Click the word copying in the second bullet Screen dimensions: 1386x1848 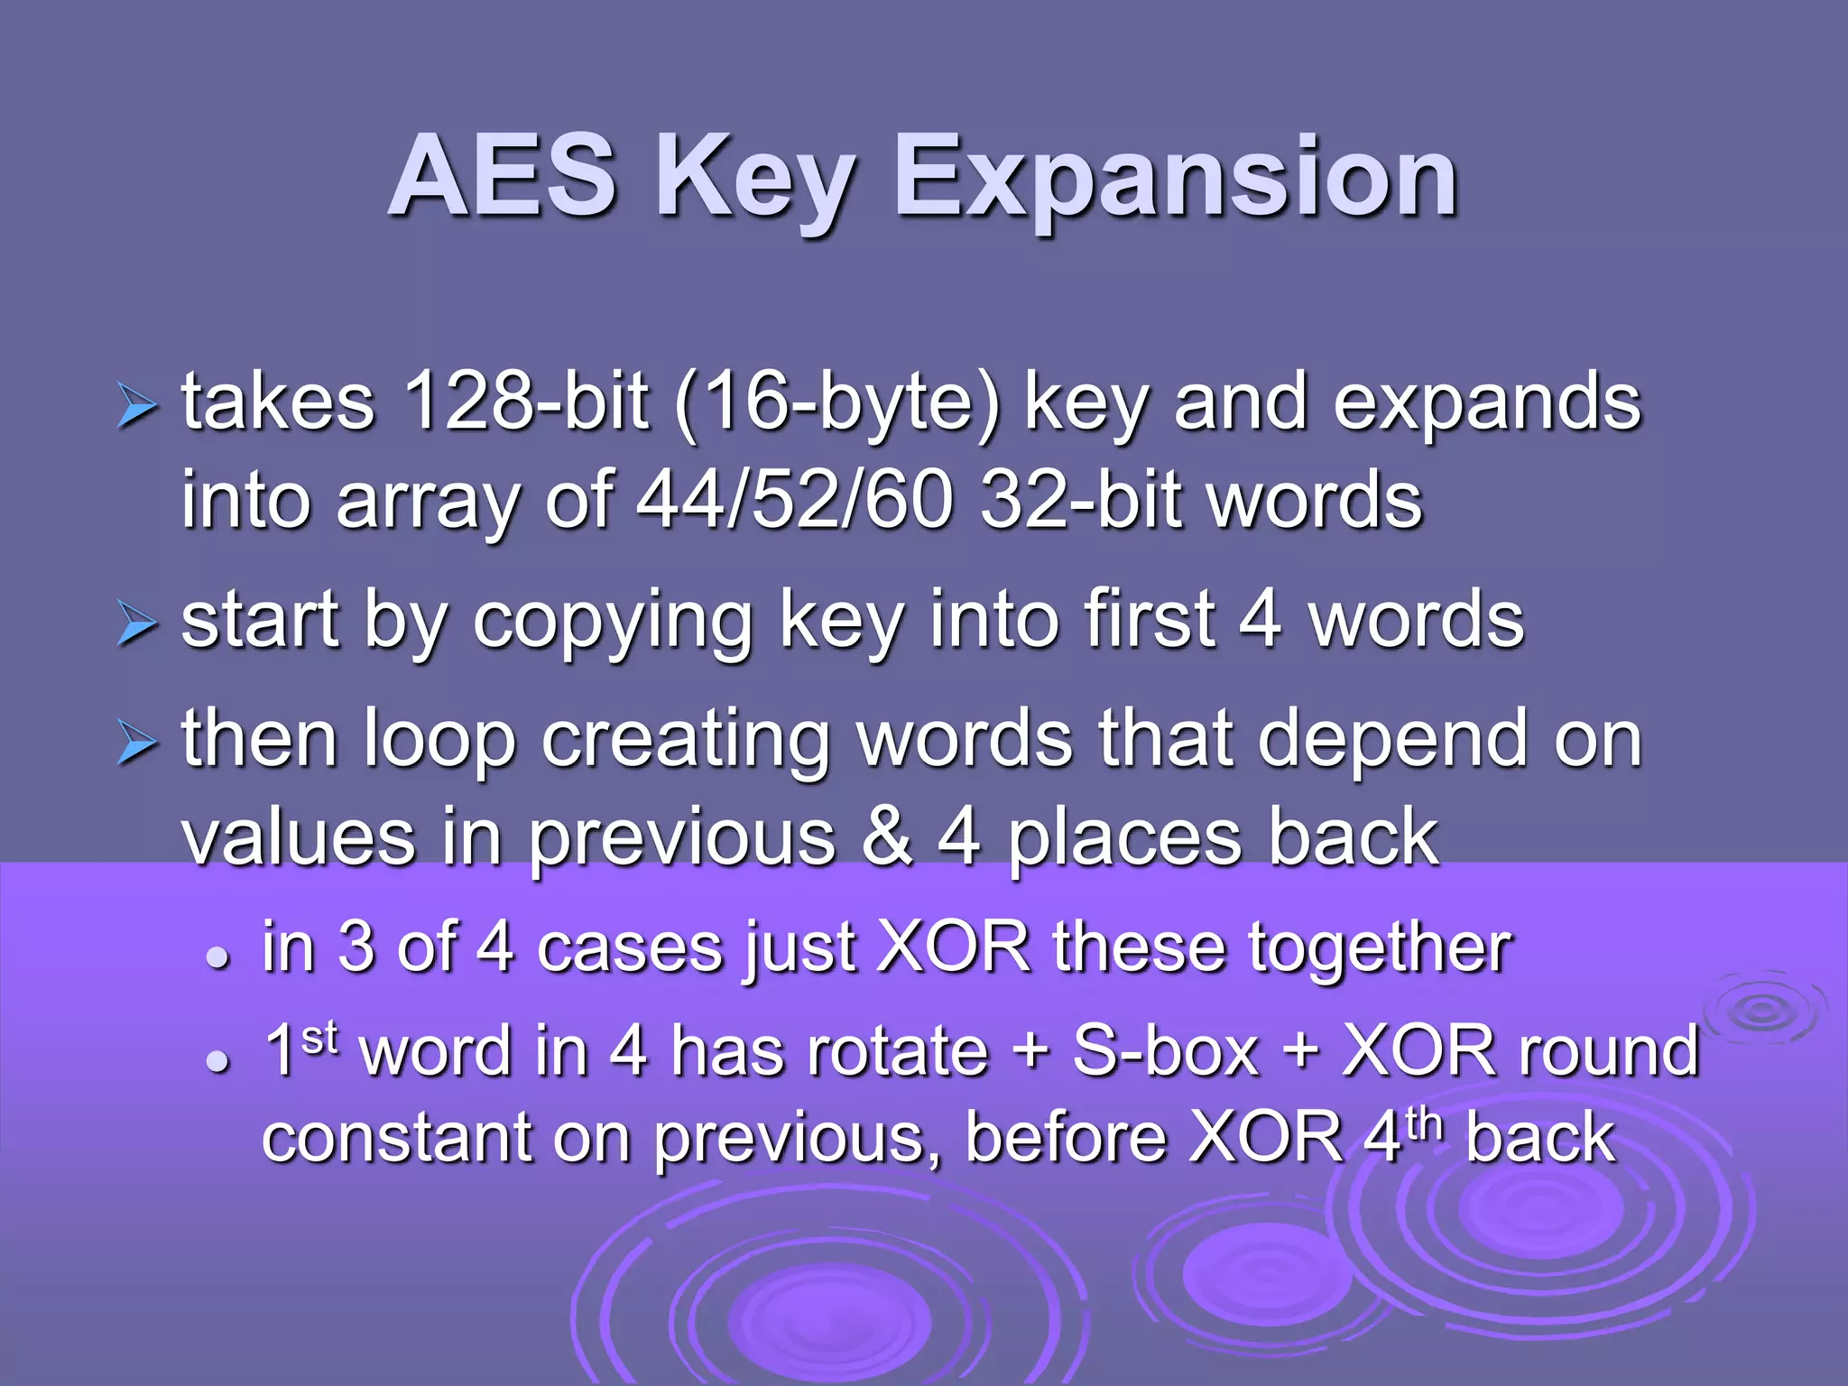click(613, 622)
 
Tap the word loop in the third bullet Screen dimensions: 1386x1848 click(439, 741)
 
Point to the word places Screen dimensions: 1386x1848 click(1124, 838)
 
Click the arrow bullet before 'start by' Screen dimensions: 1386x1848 click(137, 624)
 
